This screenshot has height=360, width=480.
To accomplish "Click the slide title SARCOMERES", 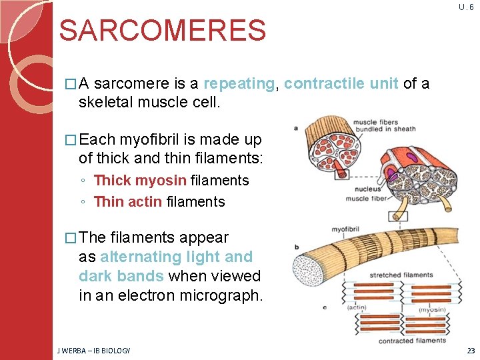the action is tap(162, 31).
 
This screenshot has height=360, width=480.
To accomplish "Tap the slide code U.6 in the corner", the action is tap(467, 7).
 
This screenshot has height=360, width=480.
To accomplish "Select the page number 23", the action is tap(471, 351).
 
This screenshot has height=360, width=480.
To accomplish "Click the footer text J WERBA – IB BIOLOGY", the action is tap(93, 351).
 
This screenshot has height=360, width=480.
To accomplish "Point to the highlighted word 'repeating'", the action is tap(239, 83).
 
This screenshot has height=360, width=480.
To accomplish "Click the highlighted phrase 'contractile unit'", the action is tap(341, 83).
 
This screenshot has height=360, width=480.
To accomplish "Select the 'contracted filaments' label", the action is tap(412, 341).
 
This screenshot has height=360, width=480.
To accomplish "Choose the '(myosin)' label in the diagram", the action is tap(433, 309).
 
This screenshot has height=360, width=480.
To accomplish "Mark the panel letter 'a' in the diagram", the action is tap(295, 128).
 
